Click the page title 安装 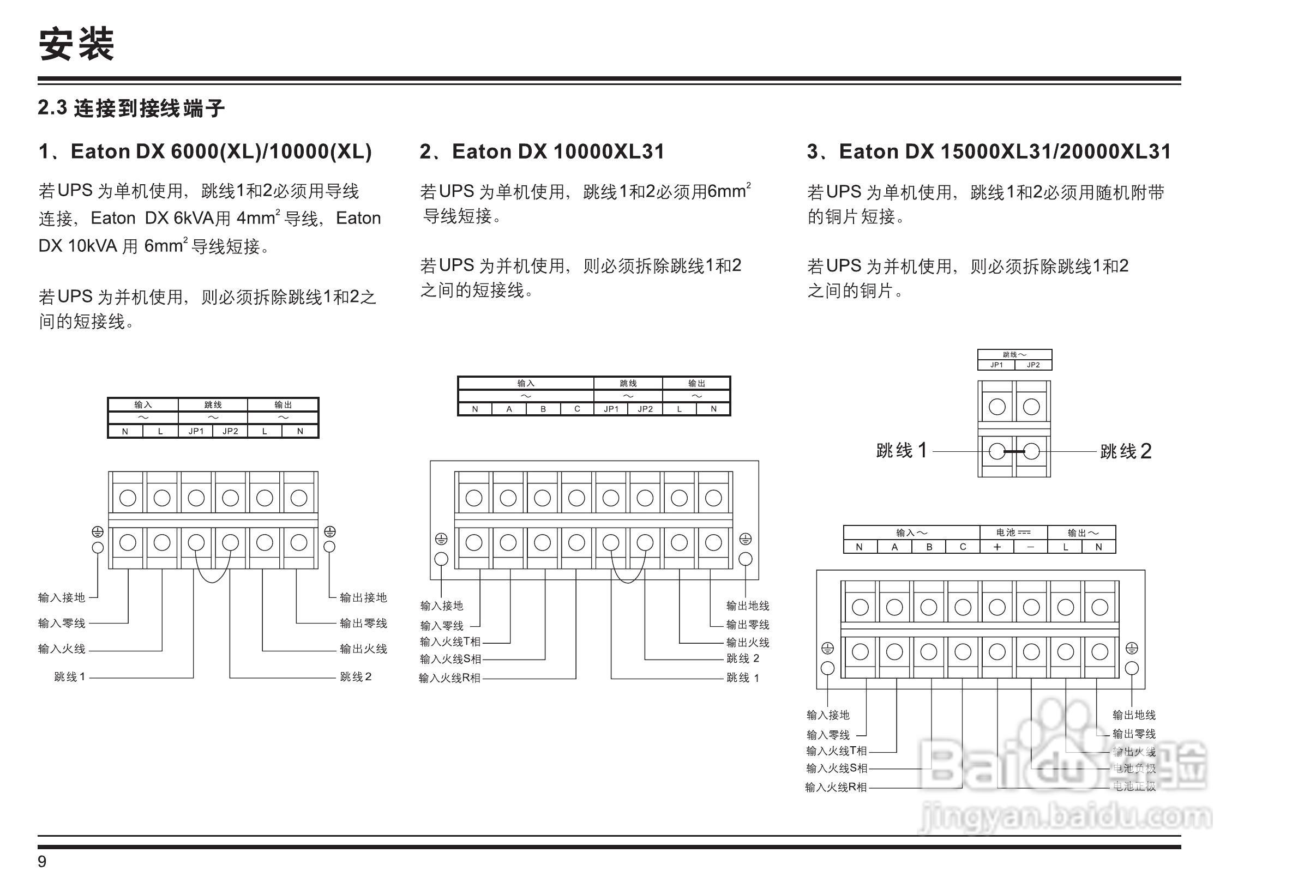tap(76, 45)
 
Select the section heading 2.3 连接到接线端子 tap(131, 108)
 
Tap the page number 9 tap(43, 862)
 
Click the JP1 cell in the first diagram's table tap(196, 431)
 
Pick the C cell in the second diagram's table tap(577, 409)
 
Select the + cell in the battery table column tap(997, 547)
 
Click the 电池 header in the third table tap(1013, 533)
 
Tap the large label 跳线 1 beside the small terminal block tap(902, 450)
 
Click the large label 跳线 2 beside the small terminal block tap(1126, 451)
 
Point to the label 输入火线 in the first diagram tap(62, 649)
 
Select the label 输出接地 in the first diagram tap(363, 598)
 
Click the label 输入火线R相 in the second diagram tap(449, 678)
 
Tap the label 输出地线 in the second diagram tap(748, 606)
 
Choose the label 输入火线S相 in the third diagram tap(837, 768)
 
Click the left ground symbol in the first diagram tap(98, 532)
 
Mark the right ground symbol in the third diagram tap(1132, 649)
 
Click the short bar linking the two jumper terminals tap(1014, 451)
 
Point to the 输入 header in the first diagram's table tap(143, 405)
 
